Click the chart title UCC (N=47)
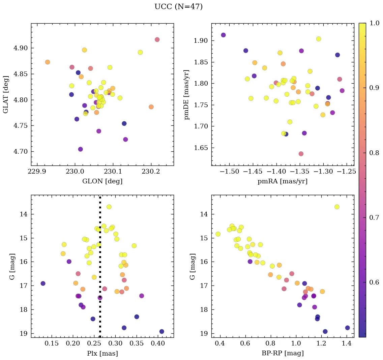click(178, 7)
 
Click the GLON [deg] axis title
click(102, 181)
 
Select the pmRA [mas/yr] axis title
click(283, 181)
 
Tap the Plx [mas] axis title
click(102, 353)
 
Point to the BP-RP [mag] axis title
click(283, 353)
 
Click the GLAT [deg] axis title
click(6, 94)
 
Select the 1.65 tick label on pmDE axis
click(201, 148)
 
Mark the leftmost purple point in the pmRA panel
click(223, 35)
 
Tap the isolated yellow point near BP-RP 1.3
click(337, 207)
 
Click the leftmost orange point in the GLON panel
click(48, 62)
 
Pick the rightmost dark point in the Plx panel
click(161, 331)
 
